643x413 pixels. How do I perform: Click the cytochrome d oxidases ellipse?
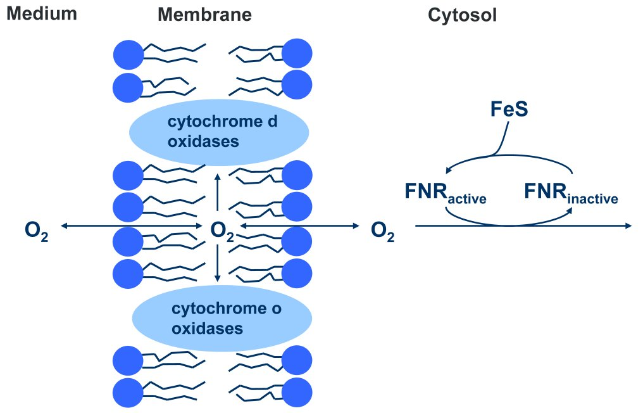tap(218, 132)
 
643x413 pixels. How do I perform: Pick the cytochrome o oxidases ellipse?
tap(222, 319)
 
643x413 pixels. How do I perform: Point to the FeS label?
tap(509, 109)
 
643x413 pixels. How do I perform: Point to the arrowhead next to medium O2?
tap(63, 226)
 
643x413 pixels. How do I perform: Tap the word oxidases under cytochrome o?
tap(208, 329)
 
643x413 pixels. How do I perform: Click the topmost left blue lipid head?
tap(128, 54)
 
